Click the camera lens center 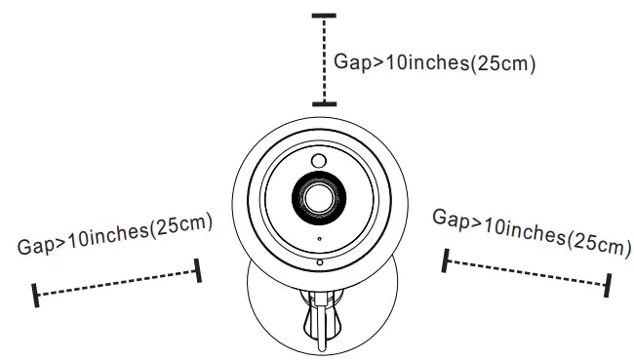coord(317,196)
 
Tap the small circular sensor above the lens coord(318,160)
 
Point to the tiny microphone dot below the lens coord(318,239)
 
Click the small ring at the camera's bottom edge coord(318,261)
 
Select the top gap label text coord(435,61)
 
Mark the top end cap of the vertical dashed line coord(324,17)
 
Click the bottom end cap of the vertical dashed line coord(324,102)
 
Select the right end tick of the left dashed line coord(199,271)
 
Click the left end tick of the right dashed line coord(446,260)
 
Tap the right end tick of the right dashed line coord(609,284)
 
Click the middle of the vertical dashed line coord(324,60)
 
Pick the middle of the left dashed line coord(117,282)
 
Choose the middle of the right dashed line coord(527,272)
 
